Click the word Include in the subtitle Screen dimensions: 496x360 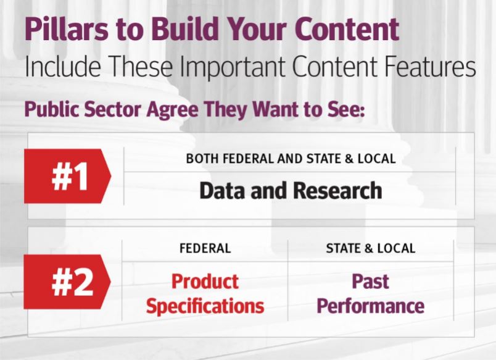(63, 66)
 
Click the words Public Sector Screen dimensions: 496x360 (83, 109)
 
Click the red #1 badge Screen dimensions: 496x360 (67, 176)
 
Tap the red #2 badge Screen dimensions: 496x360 (67, 282)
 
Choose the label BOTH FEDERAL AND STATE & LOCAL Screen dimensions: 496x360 (291, 159)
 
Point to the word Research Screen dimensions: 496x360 (337, 191)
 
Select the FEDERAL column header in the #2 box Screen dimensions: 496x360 (205, 248)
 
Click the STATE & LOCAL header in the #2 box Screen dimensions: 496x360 (371, 248)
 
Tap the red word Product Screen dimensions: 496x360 (205, 282)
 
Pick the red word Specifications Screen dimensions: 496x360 (205, 306)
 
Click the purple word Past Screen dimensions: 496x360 (370, 281)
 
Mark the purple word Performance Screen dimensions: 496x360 (370, 306)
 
